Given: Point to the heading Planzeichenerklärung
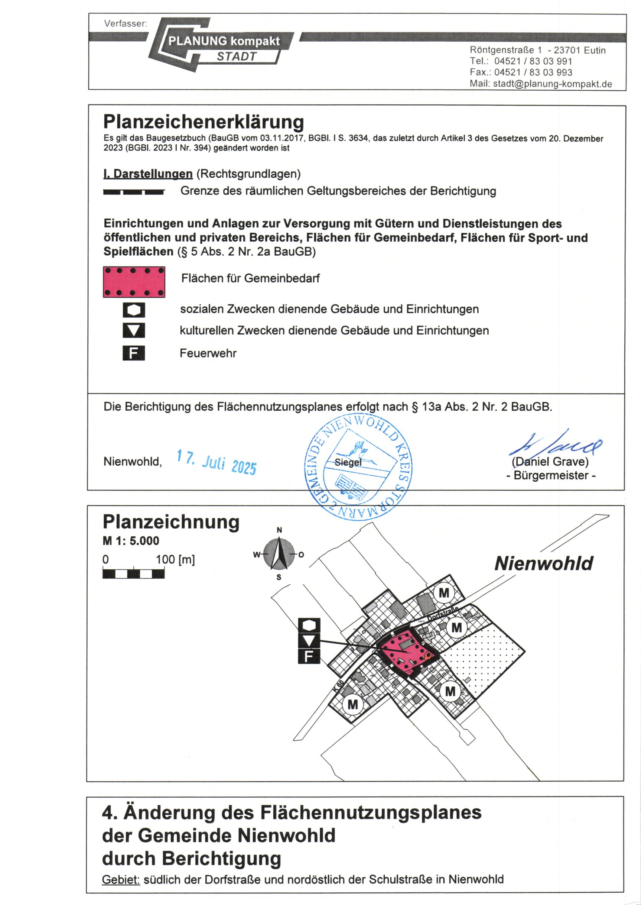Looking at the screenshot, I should point(203,122).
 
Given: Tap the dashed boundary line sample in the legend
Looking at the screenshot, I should point(134,192).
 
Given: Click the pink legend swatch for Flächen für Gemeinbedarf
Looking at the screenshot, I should point(134,282).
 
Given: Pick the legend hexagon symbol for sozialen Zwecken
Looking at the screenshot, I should point(134,310).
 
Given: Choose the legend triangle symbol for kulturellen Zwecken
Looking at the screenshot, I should point(134,330).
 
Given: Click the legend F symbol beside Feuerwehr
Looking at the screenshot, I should point(134,353).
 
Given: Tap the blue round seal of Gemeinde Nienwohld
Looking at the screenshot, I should point(358,466).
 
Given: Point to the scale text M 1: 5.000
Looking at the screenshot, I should point(131,541).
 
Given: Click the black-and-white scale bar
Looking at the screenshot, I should point(133,573).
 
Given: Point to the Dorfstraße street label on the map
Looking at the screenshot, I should point(443,614).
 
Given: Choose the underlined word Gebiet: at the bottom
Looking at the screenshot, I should point(121,879).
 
